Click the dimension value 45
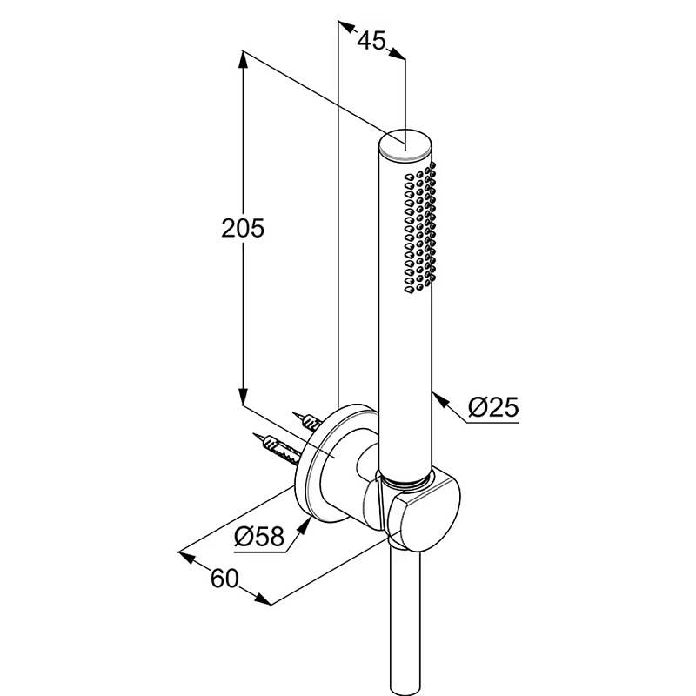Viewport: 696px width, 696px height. pos(371,41)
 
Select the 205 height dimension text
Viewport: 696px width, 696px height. pos(243,229)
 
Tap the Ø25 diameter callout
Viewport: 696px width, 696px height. pos(493,406)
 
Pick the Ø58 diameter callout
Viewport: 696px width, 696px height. pos(259,536)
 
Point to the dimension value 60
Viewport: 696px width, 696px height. pos(224,579)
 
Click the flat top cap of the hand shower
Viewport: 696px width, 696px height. pos(405,143)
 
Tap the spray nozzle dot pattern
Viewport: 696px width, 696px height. pos(420,228)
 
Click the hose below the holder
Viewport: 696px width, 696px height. pos(405,621)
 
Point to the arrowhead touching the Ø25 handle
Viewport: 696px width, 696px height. pos(439,399)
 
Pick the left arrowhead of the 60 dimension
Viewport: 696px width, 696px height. pos(186,557)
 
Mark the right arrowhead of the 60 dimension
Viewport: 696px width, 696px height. pos(262,599)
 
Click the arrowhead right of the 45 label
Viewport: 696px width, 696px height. pos(397,53)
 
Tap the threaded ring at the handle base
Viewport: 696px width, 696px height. pos(405,478)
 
